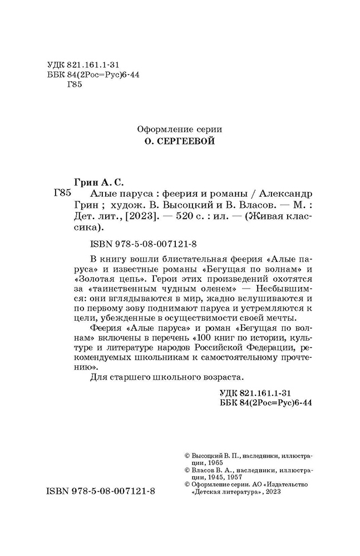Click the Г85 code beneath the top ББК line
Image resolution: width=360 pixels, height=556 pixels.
coord(74,85)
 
